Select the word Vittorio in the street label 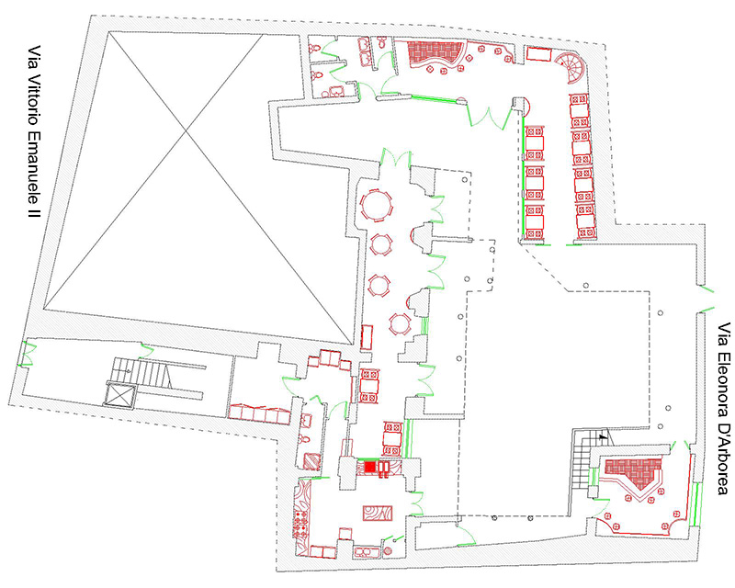click(x=34, y=99)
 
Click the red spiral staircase click(x=569, y=66)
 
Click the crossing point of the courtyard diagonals click(x=187, y=132)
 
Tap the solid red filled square click(x=370, y=467)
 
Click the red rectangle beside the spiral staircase click(x=538, y=54)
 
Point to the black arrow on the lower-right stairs click(x=604, y=436)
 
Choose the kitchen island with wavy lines click(x=378, y=513)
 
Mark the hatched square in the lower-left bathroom click(x=311, y=462)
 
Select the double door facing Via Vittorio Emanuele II click(x=28, y=354)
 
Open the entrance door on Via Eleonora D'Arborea click(x=706, y=299)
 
